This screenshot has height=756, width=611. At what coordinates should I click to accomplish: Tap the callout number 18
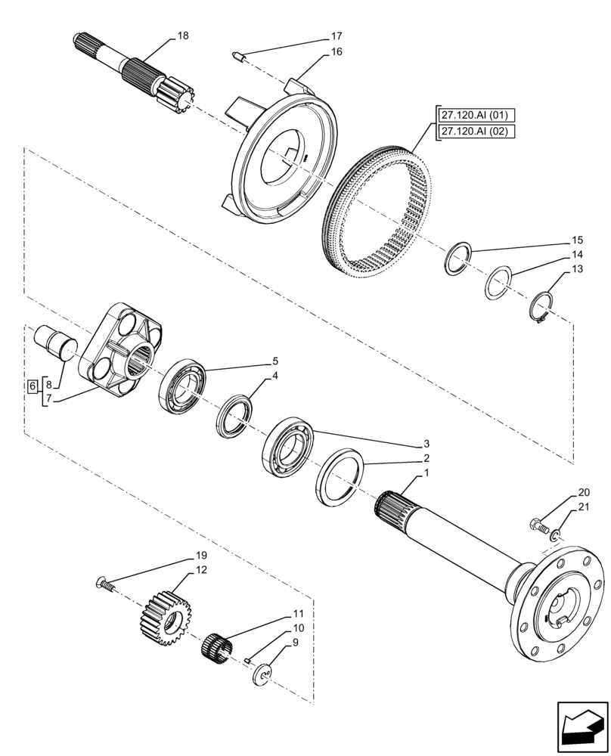click(183, 36)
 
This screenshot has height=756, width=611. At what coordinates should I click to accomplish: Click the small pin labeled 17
click(237, 55)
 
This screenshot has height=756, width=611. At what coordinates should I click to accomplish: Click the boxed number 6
click(32, 387)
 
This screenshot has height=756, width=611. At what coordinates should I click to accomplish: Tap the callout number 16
click(337, 51)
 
